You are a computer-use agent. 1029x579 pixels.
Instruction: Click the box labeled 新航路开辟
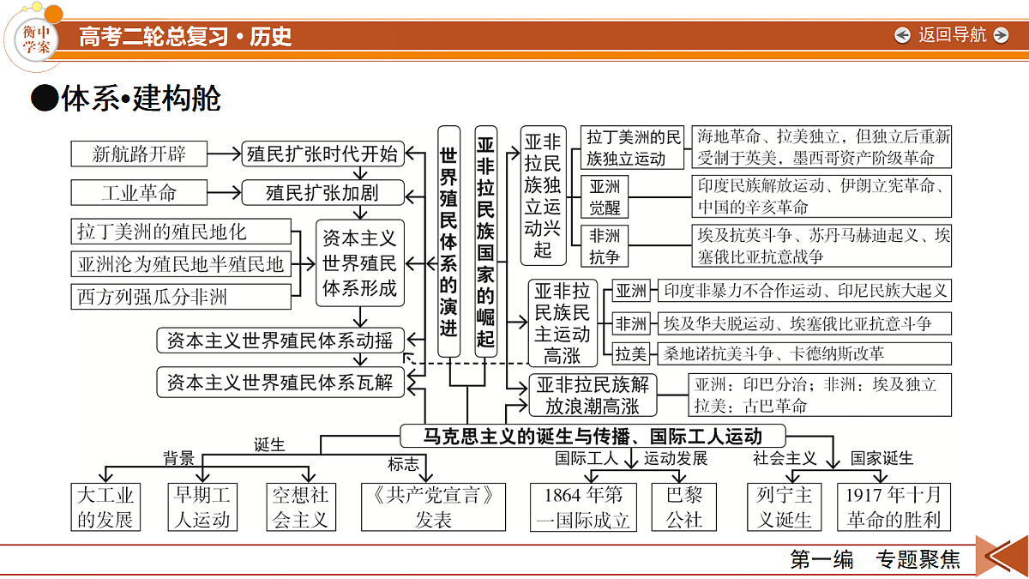(x=139, y=154)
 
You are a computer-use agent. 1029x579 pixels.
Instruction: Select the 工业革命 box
(x=139, y=192)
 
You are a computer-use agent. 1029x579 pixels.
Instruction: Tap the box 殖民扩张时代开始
(x=323, y=154)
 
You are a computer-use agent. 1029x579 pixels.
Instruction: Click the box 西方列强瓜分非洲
(x=181, y=297)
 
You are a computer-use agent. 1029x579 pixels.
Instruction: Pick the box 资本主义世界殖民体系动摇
(x=280, y=341)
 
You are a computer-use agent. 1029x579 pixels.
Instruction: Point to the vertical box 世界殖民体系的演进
(x=448, y=241)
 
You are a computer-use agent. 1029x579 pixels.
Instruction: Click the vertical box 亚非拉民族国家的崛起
(x=485, y=241)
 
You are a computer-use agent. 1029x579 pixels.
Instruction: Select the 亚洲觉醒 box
(x=604, y=196)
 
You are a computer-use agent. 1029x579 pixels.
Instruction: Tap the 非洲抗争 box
(x=604, y=246)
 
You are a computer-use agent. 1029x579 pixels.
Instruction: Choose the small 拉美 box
(x=631, y=353)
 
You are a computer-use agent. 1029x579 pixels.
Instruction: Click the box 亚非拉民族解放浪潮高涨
(x=593, y=395)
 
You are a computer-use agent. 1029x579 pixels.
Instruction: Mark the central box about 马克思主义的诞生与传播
(x=593, y=436)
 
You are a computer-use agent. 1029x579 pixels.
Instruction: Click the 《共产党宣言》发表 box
(x=433, y=507)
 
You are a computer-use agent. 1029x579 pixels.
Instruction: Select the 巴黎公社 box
(x=684, y=507)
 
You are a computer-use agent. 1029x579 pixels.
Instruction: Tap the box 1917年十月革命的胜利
(x=894, y=507)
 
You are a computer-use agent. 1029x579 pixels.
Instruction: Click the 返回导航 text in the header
(x=952, y=35)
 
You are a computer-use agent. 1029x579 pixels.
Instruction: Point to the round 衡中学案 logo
(x=36, y=39)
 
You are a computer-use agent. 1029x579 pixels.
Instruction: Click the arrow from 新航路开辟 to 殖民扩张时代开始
(x=224, y=154)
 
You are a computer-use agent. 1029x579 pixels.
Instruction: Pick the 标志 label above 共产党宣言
(x=403, y=464)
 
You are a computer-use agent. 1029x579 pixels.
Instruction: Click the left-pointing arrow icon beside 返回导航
(x=902, y=35)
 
